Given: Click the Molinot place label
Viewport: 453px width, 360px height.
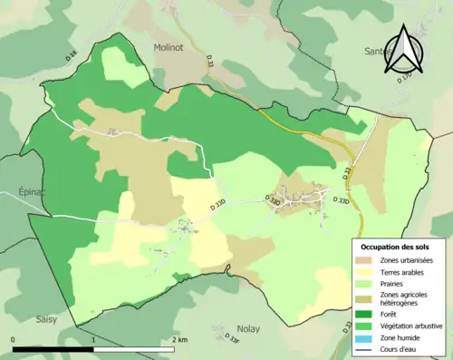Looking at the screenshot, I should coord(170,46).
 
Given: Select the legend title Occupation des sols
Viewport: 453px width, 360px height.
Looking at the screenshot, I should coord(395,247).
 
